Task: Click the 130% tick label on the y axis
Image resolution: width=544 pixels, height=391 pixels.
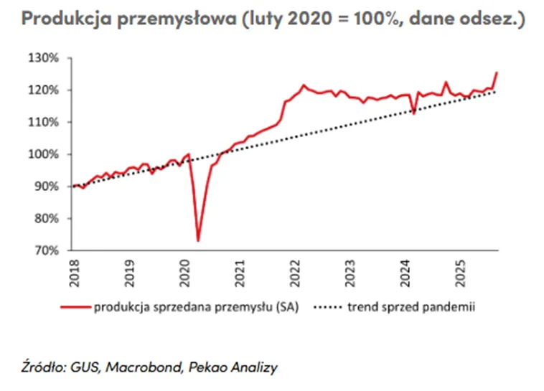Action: pyautogui.click(x=43, y=58)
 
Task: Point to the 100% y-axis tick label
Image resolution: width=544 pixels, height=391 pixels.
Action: pyautogui.click(x=43, y=154)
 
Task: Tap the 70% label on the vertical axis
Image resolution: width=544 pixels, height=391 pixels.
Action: pyautogui.click(x=47, y=250)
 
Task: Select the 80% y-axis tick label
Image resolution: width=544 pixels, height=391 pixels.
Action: pyautogui.click(x=47, y=218)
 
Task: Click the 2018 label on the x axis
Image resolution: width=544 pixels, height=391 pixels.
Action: pyautogui.click(x=74, y=273)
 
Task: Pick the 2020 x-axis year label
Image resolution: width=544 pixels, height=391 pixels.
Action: pyautogui.click(x=185, y=273)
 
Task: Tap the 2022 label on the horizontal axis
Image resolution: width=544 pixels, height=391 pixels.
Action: pyautogui.click(x=295, y=273)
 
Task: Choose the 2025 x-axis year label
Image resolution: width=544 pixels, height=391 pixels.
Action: pyautogui.click(x=461, y=273)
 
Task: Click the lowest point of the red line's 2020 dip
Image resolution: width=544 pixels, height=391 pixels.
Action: pyautogui.click(x=198, y=241)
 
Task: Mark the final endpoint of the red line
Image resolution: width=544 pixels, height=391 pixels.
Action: pyautogui.click(x=497, y=72)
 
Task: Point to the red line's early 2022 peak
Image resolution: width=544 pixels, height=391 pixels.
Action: pyautogui.click(x=304, y=85)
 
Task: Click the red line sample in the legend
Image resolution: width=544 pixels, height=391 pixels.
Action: pyautogui.click(x=75, y=307)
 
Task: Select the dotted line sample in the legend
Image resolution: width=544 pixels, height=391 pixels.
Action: pyautogui.click(x=328, y=307)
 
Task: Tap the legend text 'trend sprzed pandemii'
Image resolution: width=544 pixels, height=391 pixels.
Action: pyautogui.click(x=411, y=307)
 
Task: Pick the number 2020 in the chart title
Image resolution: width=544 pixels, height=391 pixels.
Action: pyautogui.click(x=310, y=18)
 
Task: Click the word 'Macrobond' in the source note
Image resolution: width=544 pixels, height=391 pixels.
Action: pyautogui.click(x=144, y=367)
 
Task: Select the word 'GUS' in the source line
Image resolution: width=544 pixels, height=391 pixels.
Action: pyautogui.click(x=85, y=367)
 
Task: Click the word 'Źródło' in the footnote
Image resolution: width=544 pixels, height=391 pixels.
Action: pyautogui.click(x=43, y=367)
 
